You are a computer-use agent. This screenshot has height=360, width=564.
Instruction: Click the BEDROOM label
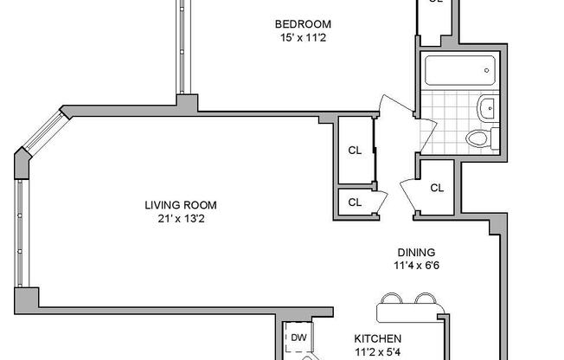[x=303, y=24]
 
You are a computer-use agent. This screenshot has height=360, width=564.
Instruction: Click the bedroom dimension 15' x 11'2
[x=303, y=37]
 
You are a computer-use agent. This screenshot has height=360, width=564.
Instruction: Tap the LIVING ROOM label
[x=180, y=205]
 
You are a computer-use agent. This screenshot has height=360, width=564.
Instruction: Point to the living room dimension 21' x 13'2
[x=180, y=218]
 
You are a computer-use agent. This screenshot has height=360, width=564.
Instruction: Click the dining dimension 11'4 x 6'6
[x=413, y=267]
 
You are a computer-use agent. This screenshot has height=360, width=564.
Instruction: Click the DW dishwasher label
[x=298, y=337]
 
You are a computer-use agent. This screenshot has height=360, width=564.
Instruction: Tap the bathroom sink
[x=487, y=109]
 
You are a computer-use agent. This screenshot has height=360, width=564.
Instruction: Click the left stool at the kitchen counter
[x=391, y=299]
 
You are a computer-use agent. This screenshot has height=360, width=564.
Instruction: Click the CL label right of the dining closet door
[x=437, y=188]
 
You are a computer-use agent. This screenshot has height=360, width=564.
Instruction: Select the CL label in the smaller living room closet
[x=354, y=202]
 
